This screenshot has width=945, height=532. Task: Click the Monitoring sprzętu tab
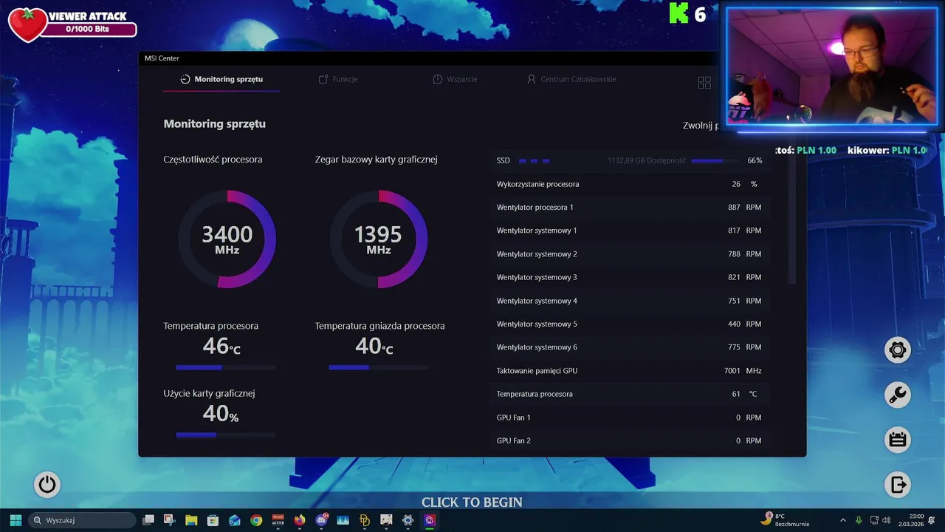pos(221,79)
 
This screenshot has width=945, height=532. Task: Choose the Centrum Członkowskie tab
pos(571,79)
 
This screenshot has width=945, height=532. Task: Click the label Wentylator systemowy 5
pos(537,324)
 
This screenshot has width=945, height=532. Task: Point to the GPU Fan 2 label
pos(514,441)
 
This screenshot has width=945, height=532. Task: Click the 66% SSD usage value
pos(755,160)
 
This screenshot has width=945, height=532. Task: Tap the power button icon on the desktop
pos(47,485)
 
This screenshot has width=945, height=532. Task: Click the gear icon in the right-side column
pos(898,349)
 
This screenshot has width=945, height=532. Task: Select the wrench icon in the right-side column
pos(898,395)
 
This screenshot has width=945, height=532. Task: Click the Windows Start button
pos(16,520)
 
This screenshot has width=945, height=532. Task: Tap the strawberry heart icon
pos(27,24)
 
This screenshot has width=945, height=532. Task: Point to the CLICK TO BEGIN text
pos(472,502)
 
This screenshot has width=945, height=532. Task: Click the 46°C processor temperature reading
pos(221,346)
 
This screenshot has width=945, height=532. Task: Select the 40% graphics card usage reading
pos(220,414)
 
